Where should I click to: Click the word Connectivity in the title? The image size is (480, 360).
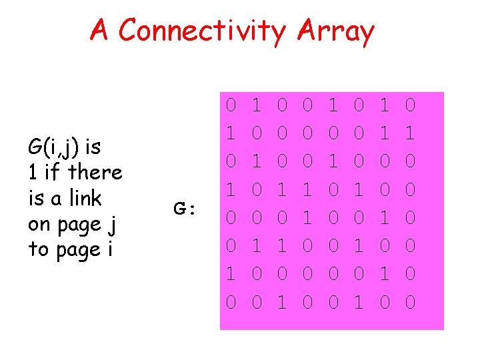tap(203, 31)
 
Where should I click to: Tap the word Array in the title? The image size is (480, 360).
tap(336, 31)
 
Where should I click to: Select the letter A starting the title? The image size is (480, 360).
tap(99, 30)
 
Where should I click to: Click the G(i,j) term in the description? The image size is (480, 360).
tap(57, 146)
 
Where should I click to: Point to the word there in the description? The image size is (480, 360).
tap(95, 172)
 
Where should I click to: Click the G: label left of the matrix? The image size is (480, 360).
tap(183, 209)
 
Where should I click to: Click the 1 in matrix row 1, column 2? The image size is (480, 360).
tap(256, 105)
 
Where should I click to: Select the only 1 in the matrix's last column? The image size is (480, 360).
tap(411, 133)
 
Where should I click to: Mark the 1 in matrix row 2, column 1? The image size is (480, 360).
tap(231, 133)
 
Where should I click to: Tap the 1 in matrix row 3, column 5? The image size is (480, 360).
tap(333, 161)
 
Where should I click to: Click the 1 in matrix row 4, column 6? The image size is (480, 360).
tap(359, 190)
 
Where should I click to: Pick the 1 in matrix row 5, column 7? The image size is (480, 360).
tap(385, 218)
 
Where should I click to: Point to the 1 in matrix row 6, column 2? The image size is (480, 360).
tap(256, 247)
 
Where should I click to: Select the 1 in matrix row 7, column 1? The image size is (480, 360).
tap(231, 275)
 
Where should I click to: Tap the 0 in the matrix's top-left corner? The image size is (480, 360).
tap(231, 105)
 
